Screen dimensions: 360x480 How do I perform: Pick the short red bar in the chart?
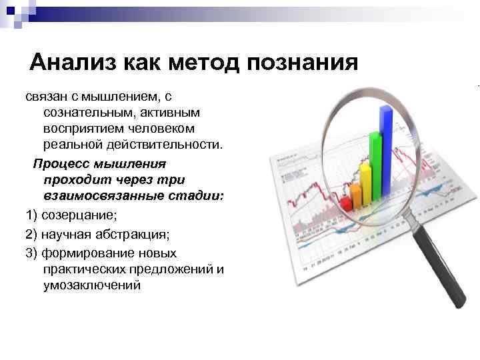345,203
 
